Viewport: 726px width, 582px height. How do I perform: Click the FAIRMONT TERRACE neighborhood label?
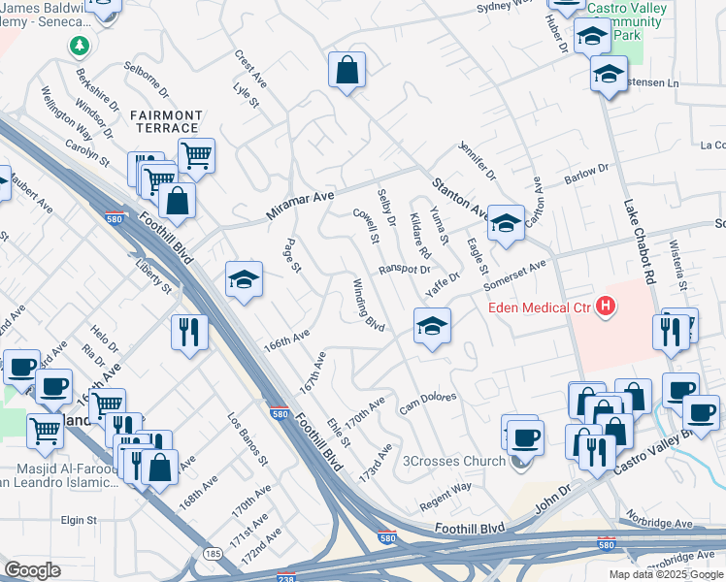tap(166, 121)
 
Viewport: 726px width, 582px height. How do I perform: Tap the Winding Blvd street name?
tap(369, 305)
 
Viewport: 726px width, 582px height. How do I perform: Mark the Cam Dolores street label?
tap(430, 401)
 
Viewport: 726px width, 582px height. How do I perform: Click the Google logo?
tap(32, 569)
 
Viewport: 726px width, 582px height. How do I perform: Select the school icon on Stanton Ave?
tap(505, 223)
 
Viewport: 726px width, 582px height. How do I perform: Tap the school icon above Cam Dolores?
tap(433, 325)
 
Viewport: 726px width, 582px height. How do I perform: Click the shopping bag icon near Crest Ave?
tap(346, 70)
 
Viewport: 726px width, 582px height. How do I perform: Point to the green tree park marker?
tap(79, 46)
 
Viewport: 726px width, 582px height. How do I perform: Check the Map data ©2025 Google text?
tap(665, 574)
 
